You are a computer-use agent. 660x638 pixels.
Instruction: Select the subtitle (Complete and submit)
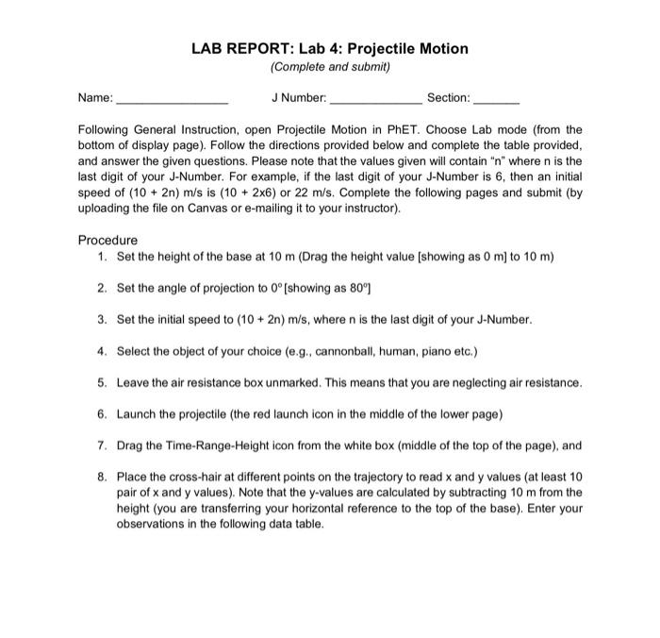329,67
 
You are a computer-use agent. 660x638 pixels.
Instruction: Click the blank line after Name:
171,98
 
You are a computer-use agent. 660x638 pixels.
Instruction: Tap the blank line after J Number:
374,98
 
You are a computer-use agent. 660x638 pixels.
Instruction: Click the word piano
411,352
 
